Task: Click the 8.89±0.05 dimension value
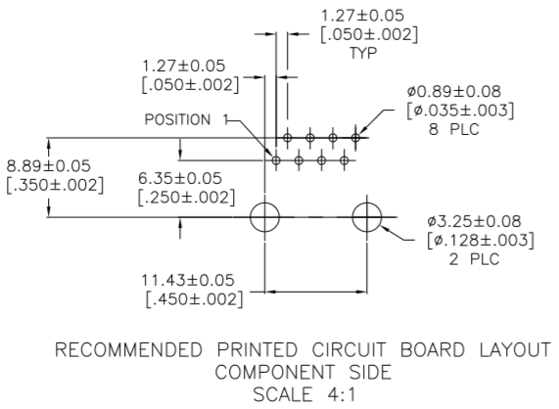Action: [49, 166]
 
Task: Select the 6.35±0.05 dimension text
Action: [180, 178]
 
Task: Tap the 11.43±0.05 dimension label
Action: [188, 281]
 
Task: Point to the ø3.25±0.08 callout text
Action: [474, 221]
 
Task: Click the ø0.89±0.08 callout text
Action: [454, 92]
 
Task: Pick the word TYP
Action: [363, 53]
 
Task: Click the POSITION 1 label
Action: [186, 119]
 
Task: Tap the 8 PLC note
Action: [454, 129]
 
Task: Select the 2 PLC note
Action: [474, 259]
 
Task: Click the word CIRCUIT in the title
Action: [349, 350]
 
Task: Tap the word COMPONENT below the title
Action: [275, 372]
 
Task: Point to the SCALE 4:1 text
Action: [304, 394]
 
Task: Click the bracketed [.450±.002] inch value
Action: [195, 299]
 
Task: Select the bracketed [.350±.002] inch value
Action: [55, 186]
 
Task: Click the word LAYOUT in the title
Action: [515, 350]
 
